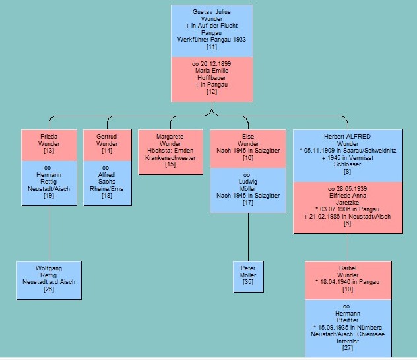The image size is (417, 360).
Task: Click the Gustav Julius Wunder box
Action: click(211, 30)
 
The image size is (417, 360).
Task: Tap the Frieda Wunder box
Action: click(49, 143)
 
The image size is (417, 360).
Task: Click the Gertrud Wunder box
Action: click(107, 143)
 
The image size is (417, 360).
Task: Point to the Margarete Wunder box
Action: click(170, 151)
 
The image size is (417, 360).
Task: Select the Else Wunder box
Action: click(247, 147)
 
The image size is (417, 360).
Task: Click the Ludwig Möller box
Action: click(247, 190)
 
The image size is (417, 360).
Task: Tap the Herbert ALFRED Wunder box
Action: click(348, 155)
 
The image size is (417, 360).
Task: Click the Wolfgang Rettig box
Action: click(49, 278)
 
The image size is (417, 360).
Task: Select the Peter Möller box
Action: click(248, 277)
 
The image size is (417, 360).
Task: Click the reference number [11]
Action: click(211, 47)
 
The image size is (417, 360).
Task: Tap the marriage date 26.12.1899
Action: click(211, 64)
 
